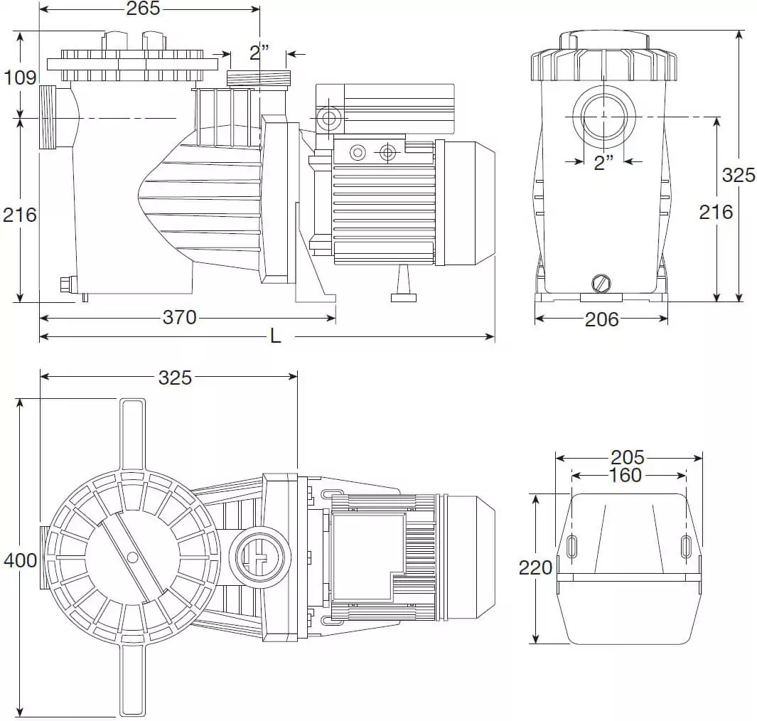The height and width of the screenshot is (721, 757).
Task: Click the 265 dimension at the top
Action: coord(143,9)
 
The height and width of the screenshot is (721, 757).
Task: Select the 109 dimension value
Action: coord(19,77)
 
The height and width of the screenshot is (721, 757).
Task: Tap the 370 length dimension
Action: coord(179,317)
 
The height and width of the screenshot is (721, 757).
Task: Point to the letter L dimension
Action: coord(275,336)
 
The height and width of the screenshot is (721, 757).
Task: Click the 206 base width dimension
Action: coord(601,319)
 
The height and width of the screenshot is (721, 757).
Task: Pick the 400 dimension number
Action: coord(20,560)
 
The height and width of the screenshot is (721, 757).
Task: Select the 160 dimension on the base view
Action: coord(626,475)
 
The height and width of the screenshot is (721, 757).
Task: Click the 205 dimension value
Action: coord(627,457)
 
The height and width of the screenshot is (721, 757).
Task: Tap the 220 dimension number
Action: coord(535,567)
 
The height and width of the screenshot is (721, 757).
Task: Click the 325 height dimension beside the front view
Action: coord(738,175)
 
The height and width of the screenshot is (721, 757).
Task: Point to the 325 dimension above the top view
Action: coord(175,378)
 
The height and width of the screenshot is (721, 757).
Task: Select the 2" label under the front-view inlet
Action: coord(603,163)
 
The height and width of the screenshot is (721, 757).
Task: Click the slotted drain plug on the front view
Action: coord(601,284)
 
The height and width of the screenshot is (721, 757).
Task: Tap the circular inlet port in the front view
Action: coord(603,117)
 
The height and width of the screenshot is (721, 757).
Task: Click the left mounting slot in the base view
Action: coord(572,546)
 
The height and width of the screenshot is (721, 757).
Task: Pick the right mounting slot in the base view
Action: coord(685,546)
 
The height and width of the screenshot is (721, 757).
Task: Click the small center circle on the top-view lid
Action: coord(131,557)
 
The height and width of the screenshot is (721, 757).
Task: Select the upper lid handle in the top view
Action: coord(132,434)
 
